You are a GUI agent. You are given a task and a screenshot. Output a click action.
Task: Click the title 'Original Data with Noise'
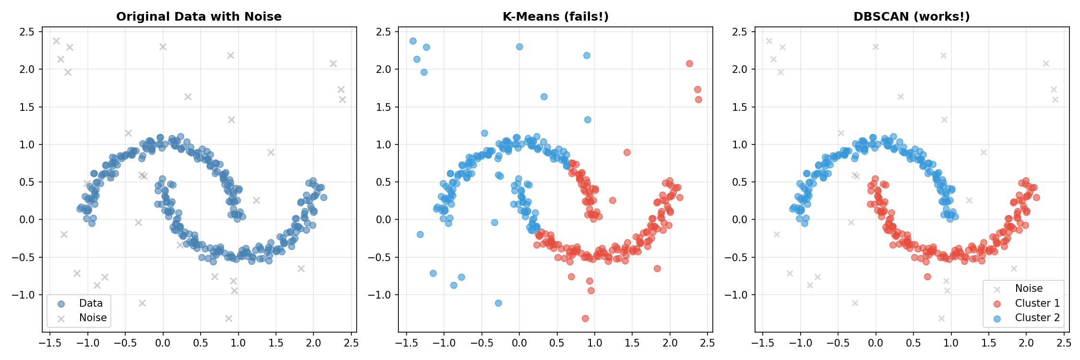(x=199, y=17)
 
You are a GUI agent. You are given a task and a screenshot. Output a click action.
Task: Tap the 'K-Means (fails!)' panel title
(x=555, y=17)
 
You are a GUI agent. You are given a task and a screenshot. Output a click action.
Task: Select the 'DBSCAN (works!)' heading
(x=912, y=17)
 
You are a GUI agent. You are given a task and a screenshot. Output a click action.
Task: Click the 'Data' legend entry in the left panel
(x=91, y=303)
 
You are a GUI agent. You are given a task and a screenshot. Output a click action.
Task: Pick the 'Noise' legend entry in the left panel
(x=93, y=318)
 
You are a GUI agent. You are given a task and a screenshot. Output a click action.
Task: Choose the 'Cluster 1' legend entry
(x=1037, y=303)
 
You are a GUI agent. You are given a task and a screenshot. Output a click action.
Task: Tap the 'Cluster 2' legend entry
(x=1037, y=318)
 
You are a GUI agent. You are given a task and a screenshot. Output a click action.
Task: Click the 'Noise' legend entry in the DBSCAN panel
(x=1029, y=288)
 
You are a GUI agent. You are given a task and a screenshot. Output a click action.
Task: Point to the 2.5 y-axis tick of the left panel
(x=27, y=32)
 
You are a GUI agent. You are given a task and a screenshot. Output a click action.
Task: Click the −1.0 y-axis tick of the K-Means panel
(x=380, y=295)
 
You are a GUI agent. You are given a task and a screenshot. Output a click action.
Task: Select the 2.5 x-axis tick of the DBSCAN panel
(x=1064, y=343)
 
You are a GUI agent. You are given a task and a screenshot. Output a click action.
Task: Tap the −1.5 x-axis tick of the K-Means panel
(x=406, y=343)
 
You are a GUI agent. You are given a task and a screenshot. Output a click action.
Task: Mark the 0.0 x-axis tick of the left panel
(x=163, y=343)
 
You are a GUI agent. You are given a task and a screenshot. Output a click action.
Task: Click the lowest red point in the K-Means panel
(x=585, y=318)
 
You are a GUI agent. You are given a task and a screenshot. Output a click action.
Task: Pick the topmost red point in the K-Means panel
(x=689, y=63)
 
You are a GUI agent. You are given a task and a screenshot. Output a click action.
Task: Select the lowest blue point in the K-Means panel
(x=498, y=303)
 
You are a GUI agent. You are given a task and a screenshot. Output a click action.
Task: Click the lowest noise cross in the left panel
(x=228, y=318)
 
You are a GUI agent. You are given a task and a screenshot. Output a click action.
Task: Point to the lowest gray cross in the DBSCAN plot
(x=941, y=318)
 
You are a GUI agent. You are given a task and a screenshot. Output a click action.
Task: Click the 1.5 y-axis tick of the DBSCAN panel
(x=740, y=107)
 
